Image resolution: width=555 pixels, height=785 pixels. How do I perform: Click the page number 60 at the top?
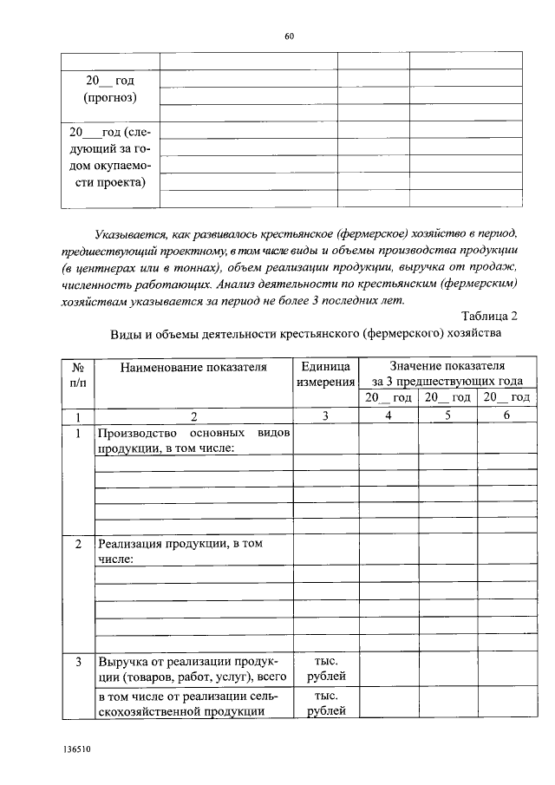point(290,36)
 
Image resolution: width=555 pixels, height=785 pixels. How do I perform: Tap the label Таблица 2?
point(489,315)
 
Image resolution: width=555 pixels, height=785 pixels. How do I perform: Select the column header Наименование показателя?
point(193,367)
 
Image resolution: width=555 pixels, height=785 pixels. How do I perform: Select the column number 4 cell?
point(388,415)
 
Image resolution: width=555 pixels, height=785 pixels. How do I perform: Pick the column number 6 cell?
point(506,415)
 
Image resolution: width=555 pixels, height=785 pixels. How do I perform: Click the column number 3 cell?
point(326,415)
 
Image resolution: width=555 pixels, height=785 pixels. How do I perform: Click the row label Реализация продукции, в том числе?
point(180,551)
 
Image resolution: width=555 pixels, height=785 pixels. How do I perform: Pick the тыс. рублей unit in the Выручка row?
point(326,669)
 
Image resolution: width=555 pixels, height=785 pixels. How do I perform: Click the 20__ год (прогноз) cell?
point(109,88)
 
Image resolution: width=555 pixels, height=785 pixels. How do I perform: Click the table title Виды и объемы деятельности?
point(305,333)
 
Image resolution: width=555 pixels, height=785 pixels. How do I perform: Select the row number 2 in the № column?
point(77,544)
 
